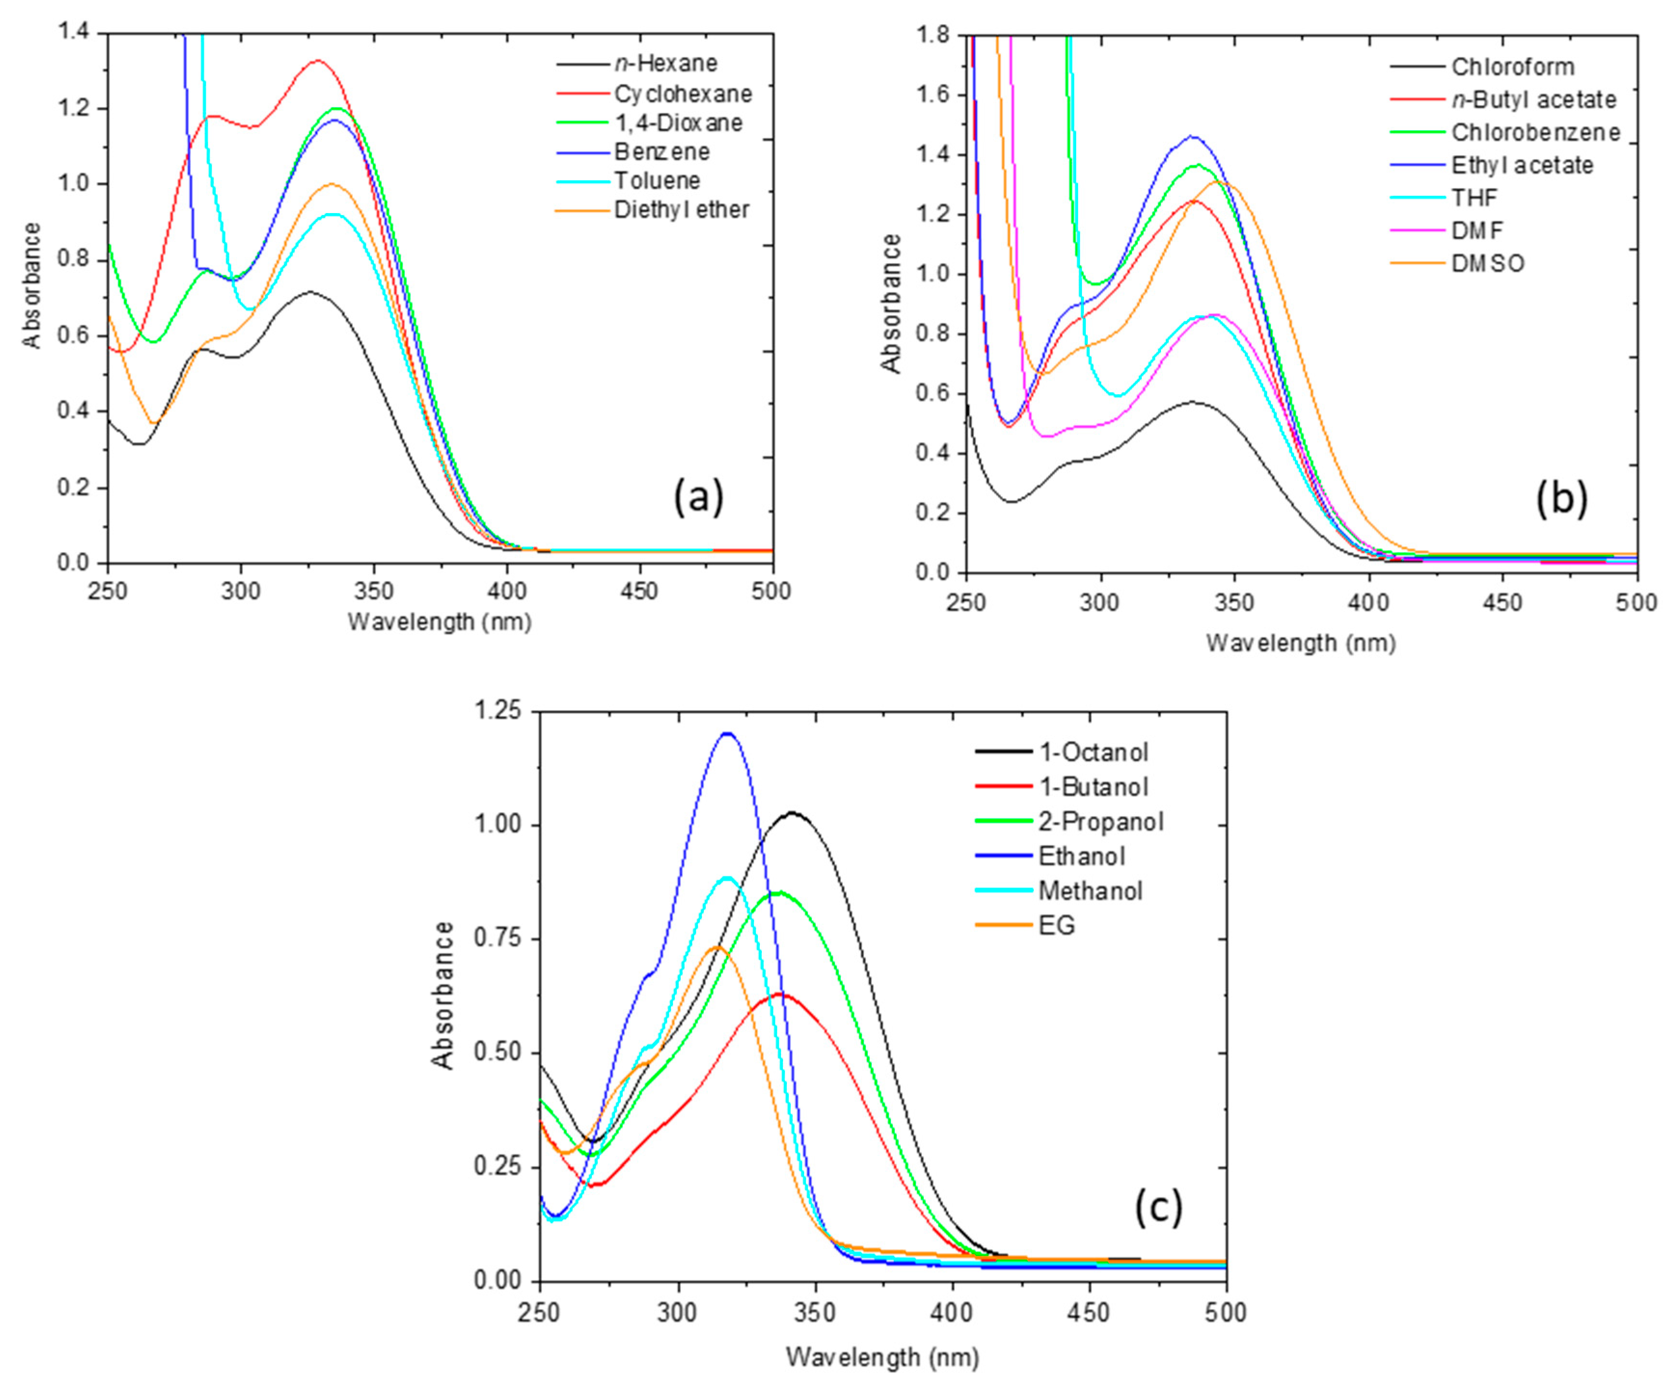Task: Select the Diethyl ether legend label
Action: [x=682, y=210]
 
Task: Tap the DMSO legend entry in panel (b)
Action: [x=1487, y=263]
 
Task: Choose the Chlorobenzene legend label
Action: [x=1535, y=132]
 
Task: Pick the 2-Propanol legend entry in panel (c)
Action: [x=1101, y=821]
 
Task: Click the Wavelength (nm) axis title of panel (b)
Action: [x=1301, y=643]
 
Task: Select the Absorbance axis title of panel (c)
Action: [x=443, y=995]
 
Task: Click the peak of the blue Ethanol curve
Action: [x=727, y=733]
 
